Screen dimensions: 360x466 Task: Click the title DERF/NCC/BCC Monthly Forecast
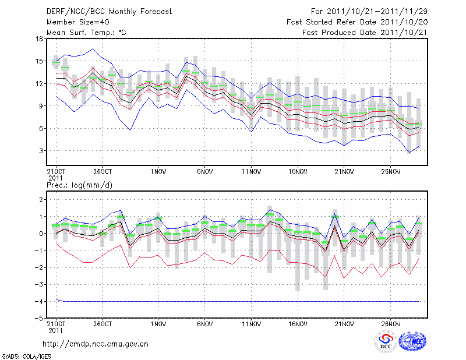(109, 12)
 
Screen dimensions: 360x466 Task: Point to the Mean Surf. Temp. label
(86, 33)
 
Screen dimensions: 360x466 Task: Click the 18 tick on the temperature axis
(40, 39)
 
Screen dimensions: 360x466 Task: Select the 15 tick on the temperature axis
(40, 61)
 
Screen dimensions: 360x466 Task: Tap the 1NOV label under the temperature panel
(158, 172)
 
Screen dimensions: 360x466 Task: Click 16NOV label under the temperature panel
(298, 172)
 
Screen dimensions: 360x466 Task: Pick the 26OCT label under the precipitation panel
(102, 323)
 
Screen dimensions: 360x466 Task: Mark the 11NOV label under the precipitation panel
(251, 323)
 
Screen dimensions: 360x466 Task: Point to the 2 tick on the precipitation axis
(41, 200)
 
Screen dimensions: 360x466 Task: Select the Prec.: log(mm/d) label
(78, 185)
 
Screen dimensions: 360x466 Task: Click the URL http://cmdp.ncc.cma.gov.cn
(96, 344)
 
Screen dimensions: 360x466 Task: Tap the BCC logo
(386, 342)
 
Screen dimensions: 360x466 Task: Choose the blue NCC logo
(413, 342)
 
